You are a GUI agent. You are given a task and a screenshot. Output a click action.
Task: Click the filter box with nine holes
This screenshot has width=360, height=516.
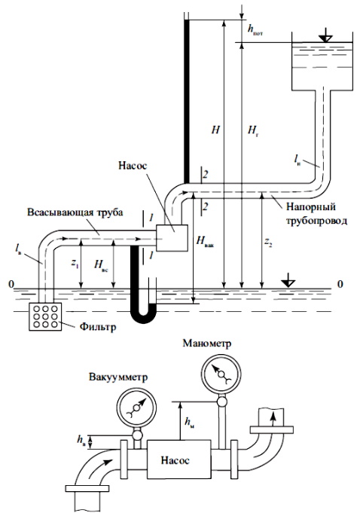45,316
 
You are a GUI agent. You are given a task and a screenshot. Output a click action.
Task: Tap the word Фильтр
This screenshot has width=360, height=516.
98,328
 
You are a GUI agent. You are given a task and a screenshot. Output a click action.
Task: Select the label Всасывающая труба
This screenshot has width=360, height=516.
75,212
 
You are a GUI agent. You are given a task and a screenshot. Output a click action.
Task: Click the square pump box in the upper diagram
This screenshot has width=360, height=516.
172,238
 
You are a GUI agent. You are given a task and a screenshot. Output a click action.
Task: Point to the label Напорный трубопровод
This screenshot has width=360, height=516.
311,214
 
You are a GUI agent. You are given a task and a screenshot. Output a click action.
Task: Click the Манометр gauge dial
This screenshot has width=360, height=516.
221,374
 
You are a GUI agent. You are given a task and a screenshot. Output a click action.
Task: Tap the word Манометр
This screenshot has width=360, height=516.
207,343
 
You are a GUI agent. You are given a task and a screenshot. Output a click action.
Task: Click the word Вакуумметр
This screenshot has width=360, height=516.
118,377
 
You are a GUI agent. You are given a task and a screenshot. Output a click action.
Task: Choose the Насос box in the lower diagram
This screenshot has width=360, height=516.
178,460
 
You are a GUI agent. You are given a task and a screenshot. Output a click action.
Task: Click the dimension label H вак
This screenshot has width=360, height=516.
205,242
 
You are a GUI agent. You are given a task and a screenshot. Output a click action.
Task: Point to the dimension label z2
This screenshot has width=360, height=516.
268,243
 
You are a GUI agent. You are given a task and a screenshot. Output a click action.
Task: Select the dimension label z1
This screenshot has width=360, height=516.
75,264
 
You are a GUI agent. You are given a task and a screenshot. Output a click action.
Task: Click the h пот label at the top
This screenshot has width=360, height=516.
255,29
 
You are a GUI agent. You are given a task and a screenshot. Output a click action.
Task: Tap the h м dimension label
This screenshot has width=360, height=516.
189,422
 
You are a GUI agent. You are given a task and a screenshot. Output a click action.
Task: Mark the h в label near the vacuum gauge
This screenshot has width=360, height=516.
81,440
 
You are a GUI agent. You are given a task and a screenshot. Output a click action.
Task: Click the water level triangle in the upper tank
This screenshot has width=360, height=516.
325,36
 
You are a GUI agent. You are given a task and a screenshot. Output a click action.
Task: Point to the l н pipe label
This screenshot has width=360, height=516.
297,160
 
